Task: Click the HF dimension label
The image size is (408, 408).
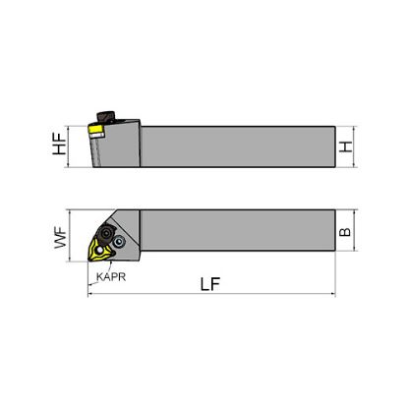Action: pyautogui.click(x=59, y=144)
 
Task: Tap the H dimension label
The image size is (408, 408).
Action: pyautogui.click(x=345, y=146)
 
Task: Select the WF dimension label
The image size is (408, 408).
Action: pyautogui.click(x=60, y=239)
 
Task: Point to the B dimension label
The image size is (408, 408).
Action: pyautogui.click(x=345, y=232)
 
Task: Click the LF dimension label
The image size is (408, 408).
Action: pyautogui.click(x=210, y=284)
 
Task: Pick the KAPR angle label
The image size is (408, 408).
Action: pyautogui.click(x=111, y=277)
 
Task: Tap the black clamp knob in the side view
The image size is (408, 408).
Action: pyautogui.click(x=106, y=117)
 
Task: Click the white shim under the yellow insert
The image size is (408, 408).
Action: pyautogui.click(x=97, y=135)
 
